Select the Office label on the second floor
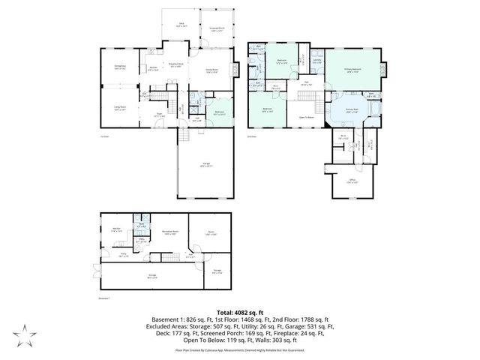point(351,181)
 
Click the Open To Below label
point(307,117)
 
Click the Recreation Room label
point(169,232)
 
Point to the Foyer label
point(159,115)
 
